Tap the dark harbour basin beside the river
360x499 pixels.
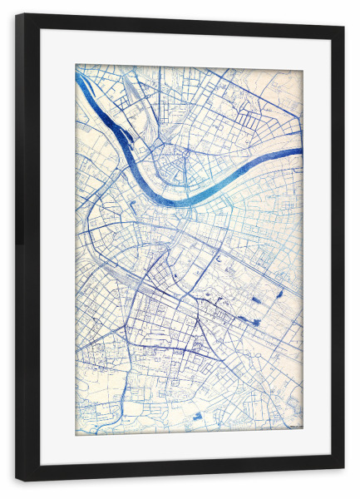pos(125,138)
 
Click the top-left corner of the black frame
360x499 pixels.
pos(17,15)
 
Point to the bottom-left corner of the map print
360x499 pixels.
pos(76,433)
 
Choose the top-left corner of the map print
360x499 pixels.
pos(76,66)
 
